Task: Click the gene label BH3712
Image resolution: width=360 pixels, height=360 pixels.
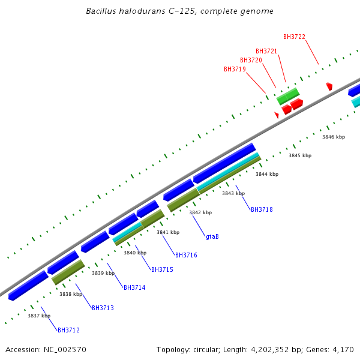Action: point(68,330)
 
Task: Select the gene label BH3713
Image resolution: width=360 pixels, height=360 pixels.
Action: point(103,308)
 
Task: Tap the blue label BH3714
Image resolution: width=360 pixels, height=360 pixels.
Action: point(134,288)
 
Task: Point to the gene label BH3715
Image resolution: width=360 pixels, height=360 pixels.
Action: point(162,270)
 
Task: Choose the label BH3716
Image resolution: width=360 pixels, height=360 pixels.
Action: point(186,256)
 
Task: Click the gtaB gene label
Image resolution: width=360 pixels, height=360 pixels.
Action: point(212,237)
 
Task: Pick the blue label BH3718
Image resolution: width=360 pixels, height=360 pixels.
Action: point(262,210)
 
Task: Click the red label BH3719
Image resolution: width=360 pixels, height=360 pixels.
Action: point(235,70)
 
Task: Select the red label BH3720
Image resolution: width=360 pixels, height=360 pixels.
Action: point(251,61)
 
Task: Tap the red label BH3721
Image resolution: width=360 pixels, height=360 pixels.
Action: point(266,52)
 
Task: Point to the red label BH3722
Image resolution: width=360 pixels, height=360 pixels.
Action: point(294,37)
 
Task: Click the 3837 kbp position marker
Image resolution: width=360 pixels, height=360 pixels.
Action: point(39,316)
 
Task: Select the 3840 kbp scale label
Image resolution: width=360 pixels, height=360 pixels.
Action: point(135,253)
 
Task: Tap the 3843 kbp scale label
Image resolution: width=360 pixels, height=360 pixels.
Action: point(233,194)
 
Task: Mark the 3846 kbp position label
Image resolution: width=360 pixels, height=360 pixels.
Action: point(334,137)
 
